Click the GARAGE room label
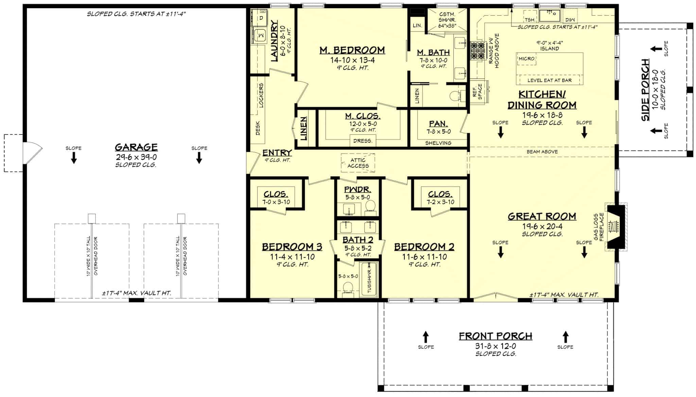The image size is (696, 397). pyautogui.click(x=136, y=147)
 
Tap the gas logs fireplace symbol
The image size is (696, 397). pyautogui.click(x=614, y=227)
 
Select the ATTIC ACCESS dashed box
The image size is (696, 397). pyautogui.click(x=358, y=163)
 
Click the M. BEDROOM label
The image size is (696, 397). pyautogui.click(x=352, y=50)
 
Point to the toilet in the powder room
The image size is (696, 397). pyautogui.click(x=370, y=207)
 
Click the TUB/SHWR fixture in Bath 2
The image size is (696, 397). pyautogui.click(x=368, y=280)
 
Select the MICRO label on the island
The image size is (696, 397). pyautogui.click(x=526, y=59)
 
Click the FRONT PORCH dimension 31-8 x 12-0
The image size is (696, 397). pyautogui.click(x=495, y=346)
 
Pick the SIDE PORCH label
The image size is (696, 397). pyautogui.click(x=645, y=90)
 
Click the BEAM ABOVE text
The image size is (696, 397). pyautogui.click(x=542, y=152)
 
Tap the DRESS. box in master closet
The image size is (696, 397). pyautogui.click(x=363, y=141)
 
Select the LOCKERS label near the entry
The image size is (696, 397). pyautogui.click(x=261, y=95)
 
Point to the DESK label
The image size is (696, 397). pyautogui.click(x=258, y=128)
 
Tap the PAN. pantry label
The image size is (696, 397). pyautogui.click(x=438, y=124)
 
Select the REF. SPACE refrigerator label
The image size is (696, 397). pyautogui.click(x=477, y=92)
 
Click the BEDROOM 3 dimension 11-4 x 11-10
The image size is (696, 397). pyautogui.click(x=292, y=257)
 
